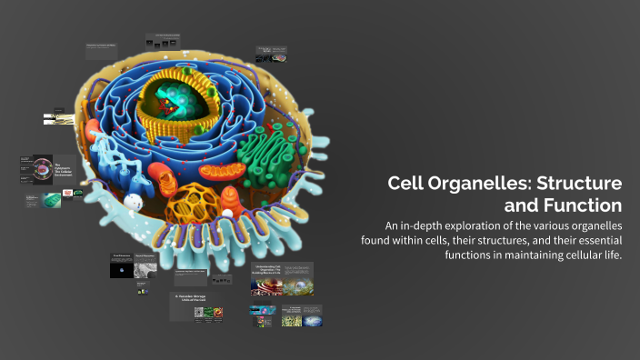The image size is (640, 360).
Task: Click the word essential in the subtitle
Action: click(x=592, y=240)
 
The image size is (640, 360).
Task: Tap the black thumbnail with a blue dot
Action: click(x=122, y=270)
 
